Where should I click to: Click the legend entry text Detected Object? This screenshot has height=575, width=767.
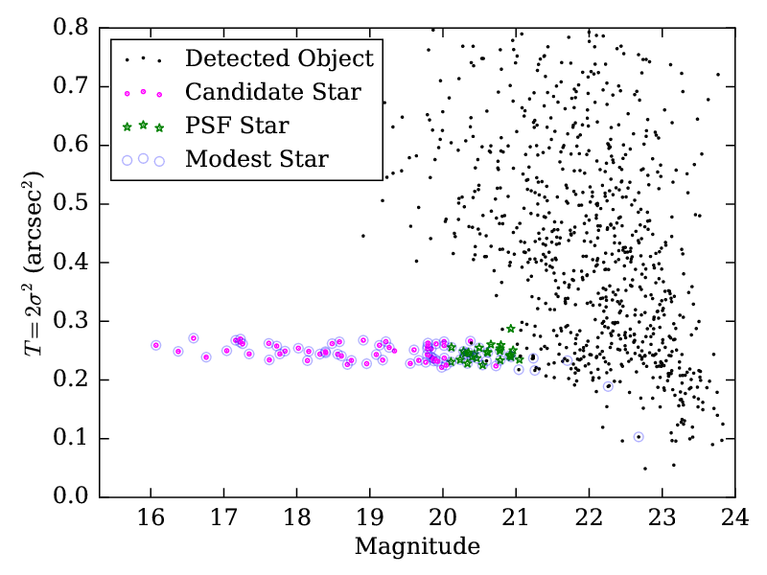[x=278, y=58]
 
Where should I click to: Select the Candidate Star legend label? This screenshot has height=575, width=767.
[x=272, y=92]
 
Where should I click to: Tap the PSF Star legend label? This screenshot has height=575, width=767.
[x=237, y=126]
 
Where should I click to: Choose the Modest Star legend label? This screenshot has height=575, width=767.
[x=257, y=159]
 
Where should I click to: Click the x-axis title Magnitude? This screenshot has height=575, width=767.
[x=417, y=547]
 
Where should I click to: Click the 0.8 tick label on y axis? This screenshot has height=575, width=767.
[x=74, y=28]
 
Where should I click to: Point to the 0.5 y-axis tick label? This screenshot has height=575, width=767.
[x=74, y=204]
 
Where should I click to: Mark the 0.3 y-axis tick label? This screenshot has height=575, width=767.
[x=74, y=321]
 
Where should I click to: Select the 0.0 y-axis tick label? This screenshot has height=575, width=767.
[x=74, y=496]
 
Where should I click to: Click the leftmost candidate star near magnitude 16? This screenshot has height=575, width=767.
[x=155, y=345]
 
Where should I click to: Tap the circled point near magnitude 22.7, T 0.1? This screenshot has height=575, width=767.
[x=639, y=437]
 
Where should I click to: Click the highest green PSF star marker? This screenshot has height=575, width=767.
[x=511, y=329]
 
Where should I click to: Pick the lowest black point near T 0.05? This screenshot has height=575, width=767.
[x=644, y=469]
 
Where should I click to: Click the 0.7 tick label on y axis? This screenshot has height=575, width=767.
[x=74, y=86]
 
